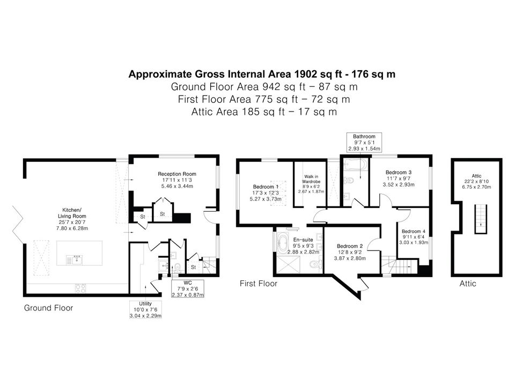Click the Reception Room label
[177, 174]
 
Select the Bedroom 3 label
[399, 172]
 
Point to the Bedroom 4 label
[414, 232]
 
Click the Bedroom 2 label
[350, 246]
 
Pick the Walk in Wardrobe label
[311, 179]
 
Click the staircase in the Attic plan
[481, 219]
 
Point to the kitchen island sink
[75, 260]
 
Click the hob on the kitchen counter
[80, 288]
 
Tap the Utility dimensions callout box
[145, 309]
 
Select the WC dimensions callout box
[188, 288]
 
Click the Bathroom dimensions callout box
[364, 143]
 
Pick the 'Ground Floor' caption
[49, 308]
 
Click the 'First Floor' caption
[259, 284]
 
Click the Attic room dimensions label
[476, 184]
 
